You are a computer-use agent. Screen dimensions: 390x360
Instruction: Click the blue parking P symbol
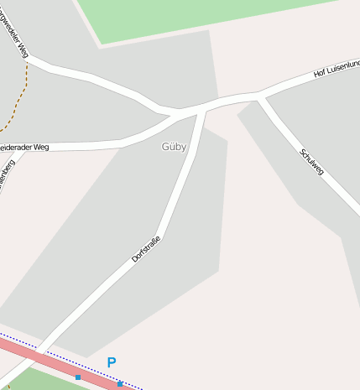(111, 362)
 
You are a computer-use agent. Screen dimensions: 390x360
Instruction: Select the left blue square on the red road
(78, 377)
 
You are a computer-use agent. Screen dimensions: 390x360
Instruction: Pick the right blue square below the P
(119, 384)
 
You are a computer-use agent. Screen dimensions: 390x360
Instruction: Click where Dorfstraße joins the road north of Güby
(203, 109)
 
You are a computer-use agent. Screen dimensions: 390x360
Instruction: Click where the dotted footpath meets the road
(28, 61)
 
